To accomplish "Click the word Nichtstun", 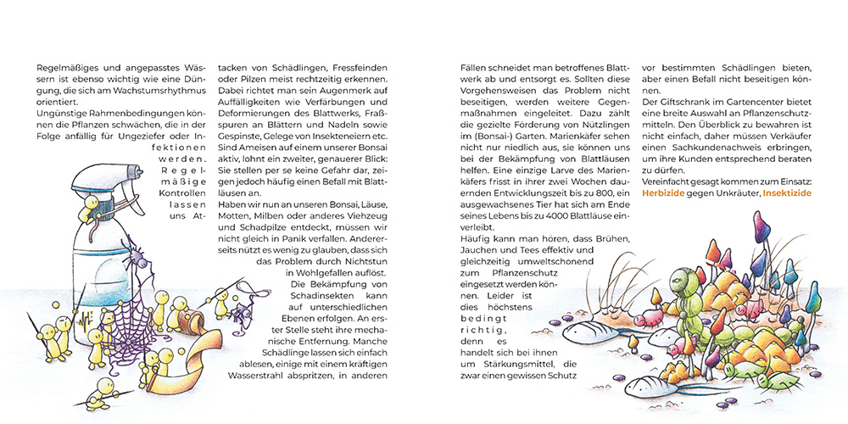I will (364, 259).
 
